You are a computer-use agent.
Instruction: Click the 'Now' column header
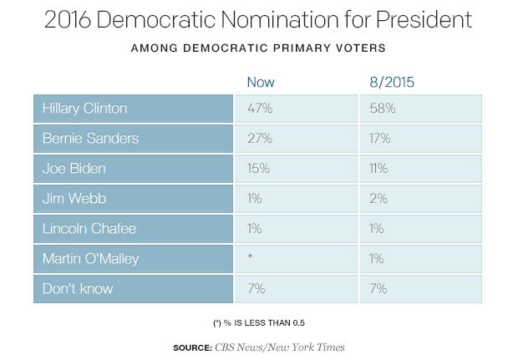click(x=260, y=82)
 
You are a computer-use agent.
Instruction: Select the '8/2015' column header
click(x=391, y=82)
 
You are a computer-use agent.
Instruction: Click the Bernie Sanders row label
click(x=90, y=138)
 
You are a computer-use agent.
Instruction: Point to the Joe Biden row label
click(x=74, y=168)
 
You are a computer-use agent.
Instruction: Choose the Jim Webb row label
click(x=74, y=198)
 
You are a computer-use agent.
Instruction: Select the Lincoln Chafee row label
click(x=88, y=228)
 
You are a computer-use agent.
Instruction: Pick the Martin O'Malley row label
click(x=92, y=258)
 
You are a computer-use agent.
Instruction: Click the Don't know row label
click(x=77, y=288)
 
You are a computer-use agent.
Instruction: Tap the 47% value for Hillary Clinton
click(x=259, y=109)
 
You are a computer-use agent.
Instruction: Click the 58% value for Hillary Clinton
click(x=383, y=109)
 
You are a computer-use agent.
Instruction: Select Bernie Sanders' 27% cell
click(x=259, y=138)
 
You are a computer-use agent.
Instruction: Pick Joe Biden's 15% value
click(x=258, y=168)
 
